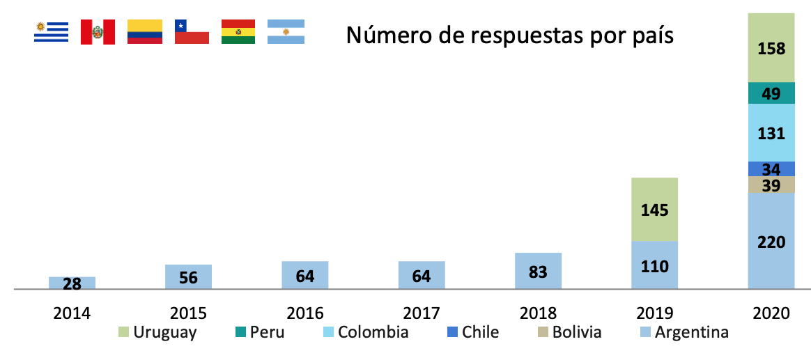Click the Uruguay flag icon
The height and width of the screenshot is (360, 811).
(52, 32)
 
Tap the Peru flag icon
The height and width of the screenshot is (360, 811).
(98, 32)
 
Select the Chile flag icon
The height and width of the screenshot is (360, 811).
(192, 32)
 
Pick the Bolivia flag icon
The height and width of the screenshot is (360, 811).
(238, 32)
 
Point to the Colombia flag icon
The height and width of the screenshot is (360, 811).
(145, 32)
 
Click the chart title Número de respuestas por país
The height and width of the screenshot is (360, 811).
(510, 35)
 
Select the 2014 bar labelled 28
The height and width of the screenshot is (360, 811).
(72, 283)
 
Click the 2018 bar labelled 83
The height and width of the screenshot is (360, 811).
(538, 271)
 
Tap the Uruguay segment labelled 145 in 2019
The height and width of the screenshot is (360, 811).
(654, 210)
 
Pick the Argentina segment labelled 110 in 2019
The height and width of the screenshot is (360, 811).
(654, 265)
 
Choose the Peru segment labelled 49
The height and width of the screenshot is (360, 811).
(771, 93)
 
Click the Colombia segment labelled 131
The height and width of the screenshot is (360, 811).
(771, 133)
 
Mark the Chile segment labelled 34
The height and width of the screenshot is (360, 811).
(771, 169)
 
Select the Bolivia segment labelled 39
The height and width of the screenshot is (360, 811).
(771, 185)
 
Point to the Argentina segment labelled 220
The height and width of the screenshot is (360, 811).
(771, 241)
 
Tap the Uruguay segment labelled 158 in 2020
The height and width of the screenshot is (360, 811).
(771, 48)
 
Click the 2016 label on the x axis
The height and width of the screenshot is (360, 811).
(305, 313)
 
